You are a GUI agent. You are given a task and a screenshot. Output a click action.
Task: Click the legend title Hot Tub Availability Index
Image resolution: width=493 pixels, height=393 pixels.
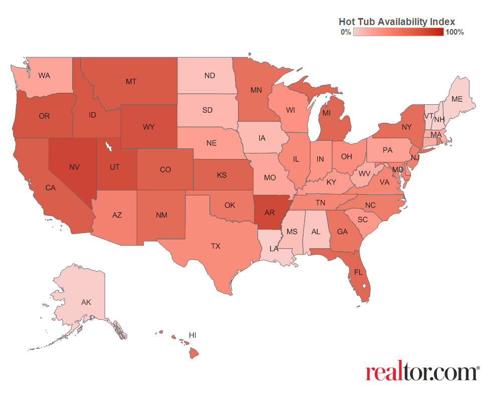coord(396,22)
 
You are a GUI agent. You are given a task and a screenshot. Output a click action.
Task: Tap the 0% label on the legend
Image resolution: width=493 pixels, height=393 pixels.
coord(345,32)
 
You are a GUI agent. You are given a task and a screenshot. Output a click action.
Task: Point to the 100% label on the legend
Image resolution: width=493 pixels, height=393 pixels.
coord(454,32)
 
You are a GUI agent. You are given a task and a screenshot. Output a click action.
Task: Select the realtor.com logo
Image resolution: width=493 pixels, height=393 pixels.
coord(422,372)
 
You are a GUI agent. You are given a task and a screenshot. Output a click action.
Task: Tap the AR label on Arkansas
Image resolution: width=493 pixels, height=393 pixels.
coord(270,213)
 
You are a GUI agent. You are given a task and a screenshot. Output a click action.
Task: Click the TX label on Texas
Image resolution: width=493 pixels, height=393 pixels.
coord(215,246)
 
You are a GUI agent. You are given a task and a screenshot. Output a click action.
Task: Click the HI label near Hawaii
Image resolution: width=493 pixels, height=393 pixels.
coord(192,334)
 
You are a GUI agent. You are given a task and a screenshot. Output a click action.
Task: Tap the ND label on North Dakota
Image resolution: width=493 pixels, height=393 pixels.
coord(209,76)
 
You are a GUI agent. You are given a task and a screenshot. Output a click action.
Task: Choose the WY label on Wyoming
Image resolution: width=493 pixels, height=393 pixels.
coord(148,127)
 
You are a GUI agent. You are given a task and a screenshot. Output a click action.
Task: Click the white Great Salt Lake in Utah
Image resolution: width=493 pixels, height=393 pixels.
coord(108,147)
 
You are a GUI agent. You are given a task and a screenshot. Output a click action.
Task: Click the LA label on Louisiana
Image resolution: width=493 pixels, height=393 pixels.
coord(274,248)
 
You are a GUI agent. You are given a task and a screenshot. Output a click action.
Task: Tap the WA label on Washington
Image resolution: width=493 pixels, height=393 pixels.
coord(44,76)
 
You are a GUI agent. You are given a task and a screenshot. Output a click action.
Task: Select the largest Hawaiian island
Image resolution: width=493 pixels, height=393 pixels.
coord(194,353)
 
